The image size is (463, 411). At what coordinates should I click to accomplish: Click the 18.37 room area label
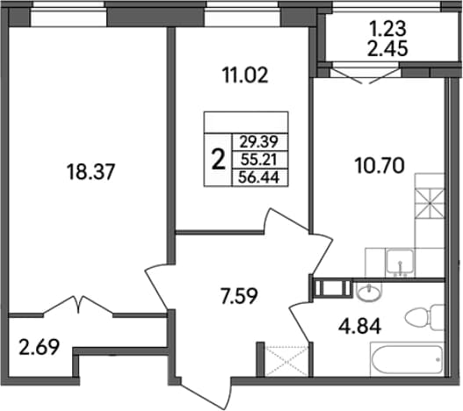point(90,172)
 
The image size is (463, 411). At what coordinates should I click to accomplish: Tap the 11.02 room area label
point(245,75)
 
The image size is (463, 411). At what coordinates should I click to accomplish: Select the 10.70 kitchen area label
point(380,165)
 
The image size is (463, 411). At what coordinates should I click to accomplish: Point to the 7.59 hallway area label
point(239,296)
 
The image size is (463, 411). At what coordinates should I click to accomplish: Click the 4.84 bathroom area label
point(360,327)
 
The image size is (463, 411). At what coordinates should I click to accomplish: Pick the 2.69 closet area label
point(39,347)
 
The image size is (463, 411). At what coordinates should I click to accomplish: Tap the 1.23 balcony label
point(387,29)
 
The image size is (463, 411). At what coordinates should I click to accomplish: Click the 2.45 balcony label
point(387,48)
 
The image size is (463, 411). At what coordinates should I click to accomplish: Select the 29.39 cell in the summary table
point(259,142)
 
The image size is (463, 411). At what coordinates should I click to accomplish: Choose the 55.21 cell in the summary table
point(259,160)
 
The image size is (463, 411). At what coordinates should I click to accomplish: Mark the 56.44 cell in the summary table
point(259,177)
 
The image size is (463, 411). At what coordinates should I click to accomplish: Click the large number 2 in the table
point(219,160)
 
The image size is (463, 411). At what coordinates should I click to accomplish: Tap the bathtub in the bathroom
point(407,359)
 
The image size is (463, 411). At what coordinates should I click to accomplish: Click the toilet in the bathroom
point(425,318)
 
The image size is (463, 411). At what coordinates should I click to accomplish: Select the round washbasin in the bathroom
point(369,292)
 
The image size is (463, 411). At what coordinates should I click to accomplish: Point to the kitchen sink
point(400,263)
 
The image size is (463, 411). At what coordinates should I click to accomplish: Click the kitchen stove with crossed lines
point(430,203)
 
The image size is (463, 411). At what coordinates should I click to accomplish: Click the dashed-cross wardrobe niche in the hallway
point(286,360)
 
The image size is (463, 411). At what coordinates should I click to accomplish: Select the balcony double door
point(365,76)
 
